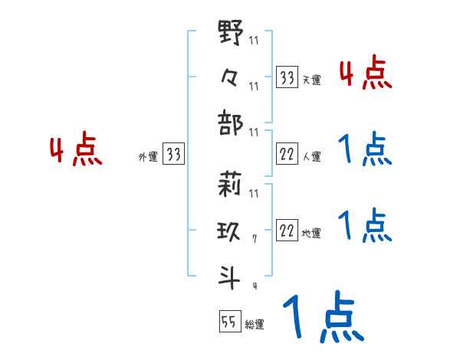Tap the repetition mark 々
[x=231, y=77]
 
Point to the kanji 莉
[x=231, y=185]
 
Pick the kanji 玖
[x=231, y=231]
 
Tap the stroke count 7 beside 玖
[x=254, y=241]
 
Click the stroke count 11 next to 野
[x=254, y=40]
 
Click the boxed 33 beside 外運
[x=173, y=155]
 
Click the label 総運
[x=255, y=325]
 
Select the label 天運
[x=311, y=80]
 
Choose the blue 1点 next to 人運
[x=365, y=149]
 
